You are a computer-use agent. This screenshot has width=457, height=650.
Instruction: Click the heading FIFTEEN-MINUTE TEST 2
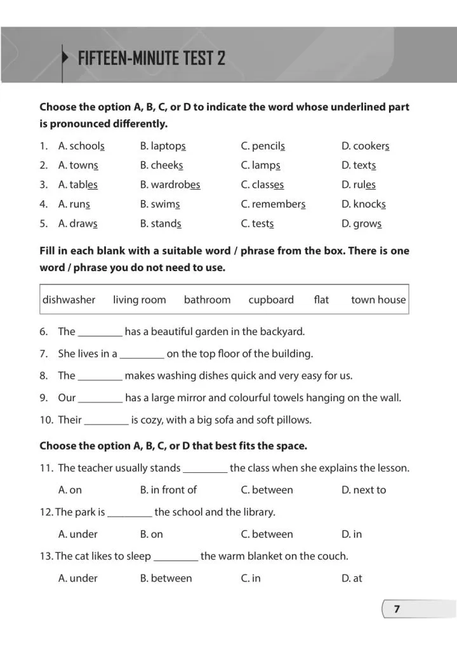(151, 59)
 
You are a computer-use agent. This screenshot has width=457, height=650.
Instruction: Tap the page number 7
(397, 609)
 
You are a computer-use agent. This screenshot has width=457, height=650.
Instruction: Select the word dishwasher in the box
(69, 300)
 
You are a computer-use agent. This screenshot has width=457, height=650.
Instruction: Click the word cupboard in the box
(271, 300)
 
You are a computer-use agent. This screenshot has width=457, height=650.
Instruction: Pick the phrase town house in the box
(378, 300)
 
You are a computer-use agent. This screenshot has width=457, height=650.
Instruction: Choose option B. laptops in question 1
(162, 146)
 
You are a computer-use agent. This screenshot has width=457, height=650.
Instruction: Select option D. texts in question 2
(359, 166)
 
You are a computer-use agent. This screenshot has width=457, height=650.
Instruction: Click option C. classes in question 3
(262, 185)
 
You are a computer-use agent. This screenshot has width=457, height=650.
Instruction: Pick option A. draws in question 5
(78, 223)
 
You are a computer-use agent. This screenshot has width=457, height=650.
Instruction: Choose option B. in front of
(168, 490)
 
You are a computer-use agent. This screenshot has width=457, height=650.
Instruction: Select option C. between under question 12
(267, 534)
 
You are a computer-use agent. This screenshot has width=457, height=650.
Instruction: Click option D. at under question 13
(352, 578)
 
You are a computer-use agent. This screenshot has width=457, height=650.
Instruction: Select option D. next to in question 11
(364, 490)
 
